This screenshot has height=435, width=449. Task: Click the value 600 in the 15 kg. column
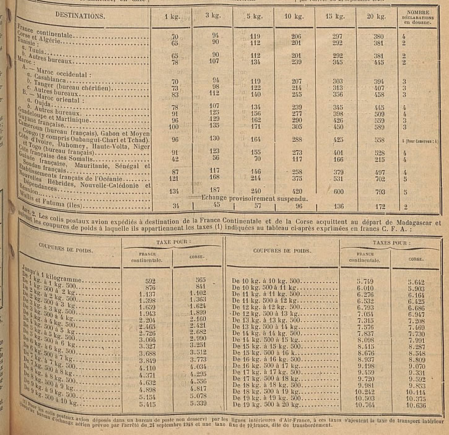(338, 191)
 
